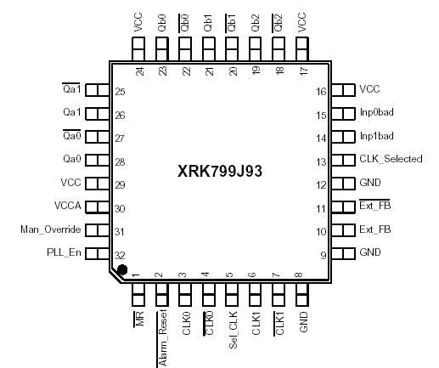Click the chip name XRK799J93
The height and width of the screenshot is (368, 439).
click(220, 171)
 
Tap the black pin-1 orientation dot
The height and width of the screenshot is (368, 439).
click(123, 270)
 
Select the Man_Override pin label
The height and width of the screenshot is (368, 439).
click(50, 229)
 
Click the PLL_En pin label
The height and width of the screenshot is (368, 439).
click(64, 252)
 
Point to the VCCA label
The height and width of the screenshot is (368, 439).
click(67, 206)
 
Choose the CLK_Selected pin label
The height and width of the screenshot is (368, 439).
click(391, 159)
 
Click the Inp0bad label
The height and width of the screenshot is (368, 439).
click(376, 112)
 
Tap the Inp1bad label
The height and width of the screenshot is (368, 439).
click(376, 136)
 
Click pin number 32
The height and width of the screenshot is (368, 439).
click(120, 255)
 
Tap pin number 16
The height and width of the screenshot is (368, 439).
click(321, 91)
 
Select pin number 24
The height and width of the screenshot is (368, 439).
click(139, 71)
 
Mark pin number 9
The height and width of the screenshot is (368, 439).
click(321, 254)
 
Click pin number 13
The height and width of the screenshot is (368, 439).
click(321, 161)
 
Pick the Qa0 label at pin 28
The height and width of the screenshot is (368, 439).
click(71, 159)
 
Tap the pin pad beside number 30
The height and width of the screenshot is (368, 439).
click(98, 207)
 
